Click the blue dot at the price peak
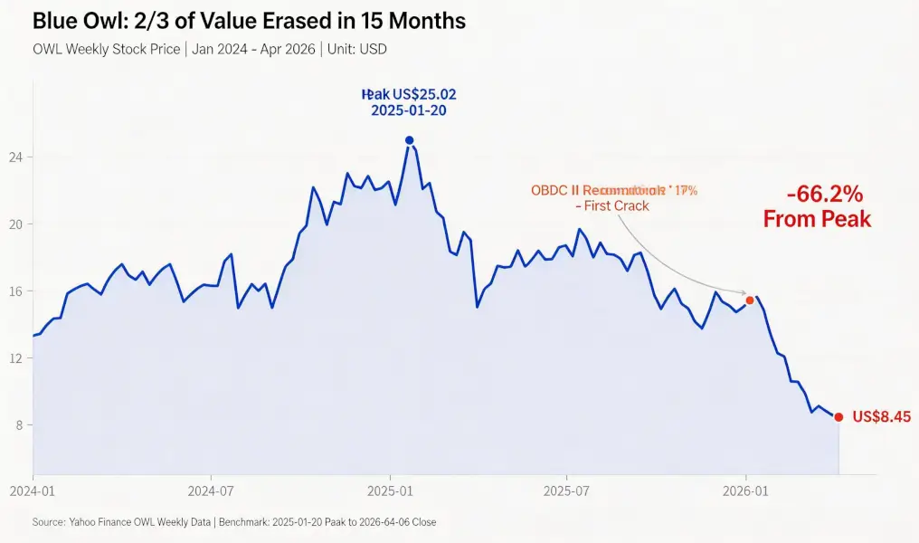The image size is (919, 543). pyautogui.click(x=409, y=140)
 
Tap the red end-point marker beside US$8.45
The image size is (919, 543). pyautogui.click(x=838, y=417)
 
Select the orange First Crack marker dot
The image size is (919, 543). pyautogui.click(x=749, y=300)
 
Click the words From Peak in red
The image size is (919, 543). pyautogui.click(x=818, y=219)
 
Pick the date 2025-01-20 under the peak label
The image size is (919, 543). pyautogui.click(x=408, y=110)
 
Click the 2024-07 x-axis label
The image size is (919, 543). pyautogui.click(x=210, y=491)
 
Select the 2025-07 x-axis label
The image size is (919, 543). pyautogui.click(x=566, y=491)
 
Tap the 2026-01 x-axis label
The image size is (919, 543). pyautogui.click(x=744, y=491)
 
